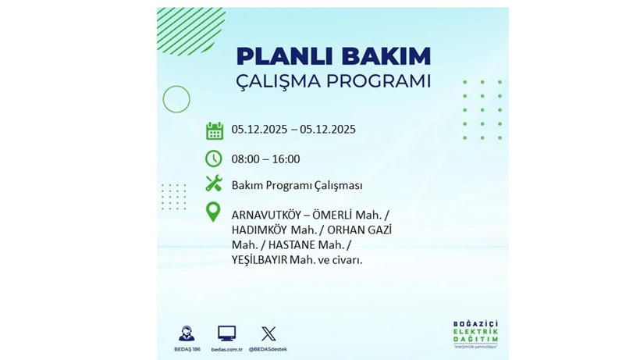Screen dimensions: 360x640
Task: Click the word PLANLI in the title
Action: (273, 56)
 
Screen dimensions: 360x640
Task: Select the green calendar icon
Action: (214, 130)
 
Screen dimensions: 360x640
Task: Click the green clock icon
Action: (214, 159)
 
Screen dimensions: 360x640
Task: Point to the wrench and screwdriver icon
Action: (214, 184)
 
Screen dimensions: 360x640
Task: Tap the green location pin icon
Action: (212, 212)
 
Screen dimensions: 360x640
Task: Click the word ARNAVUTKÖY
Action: (267, 213)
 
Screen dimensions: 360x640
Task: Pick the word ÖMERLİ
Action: (336, 213)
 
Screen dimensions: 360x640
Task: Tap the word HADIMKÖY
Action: (259, 230)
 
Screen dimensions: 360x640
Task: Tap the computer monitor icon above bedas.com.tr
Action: (226, 333)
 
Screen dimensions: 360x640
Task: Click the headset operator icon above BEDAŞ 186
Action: (187, 333)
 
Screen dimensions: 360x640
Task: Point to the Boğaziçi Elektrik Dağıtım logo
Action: (475, 334)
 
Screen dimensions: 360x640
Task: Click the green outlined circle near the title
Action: (176, 99)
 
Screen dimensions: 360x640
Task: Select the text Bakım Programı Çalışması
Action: (297, 185)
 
